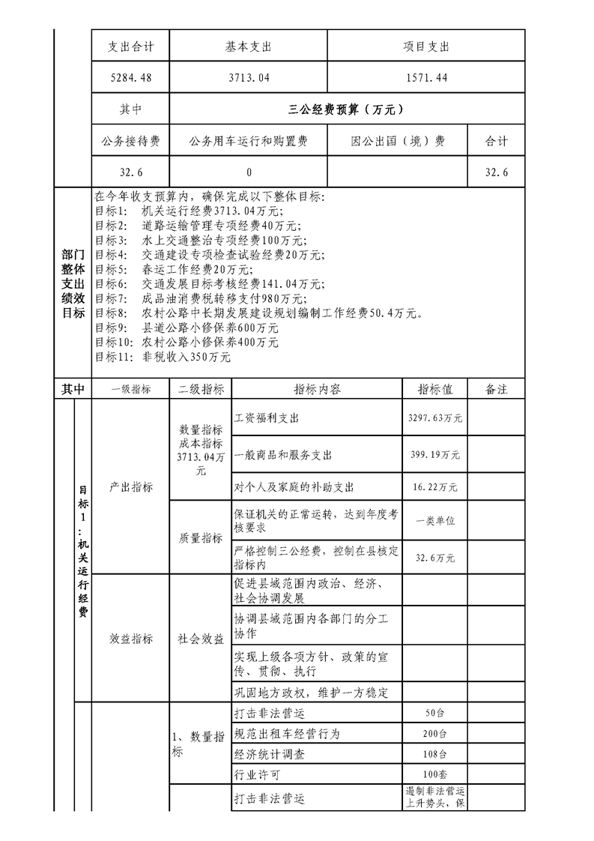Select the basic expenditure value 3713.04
point(248,77)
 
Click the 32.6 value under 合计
point(497,172)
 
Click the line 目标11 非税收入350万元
point(163,358)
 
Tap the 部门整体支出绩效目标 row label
point(73,284)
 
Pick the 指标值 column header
point(434,390)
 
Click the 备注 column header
point(497,390)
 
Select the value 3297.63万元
point(434,418)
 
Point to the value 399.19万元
point(434,455)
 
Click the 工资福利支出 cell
point(267,418)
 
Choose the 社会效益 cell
point(200,639)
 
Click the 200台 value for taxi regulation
point(434,734)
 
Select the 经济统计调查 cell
point(270,754)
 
